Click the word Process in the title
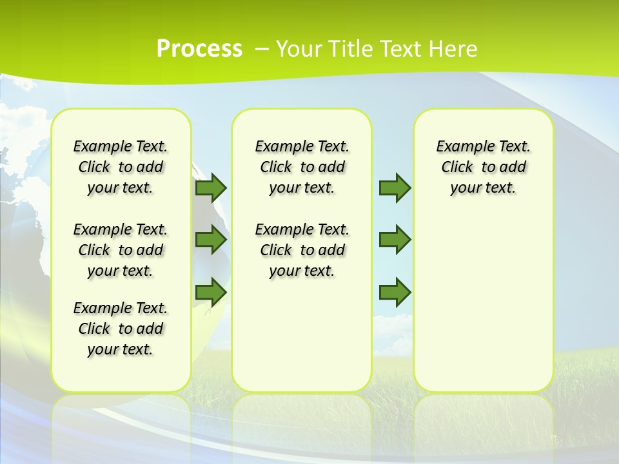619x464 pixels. pyautogui.click(x=199, y=48)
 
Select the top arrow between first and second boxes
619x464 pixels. pyautogui.click(x=211, y=188)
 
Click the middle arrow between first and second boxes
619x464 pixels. pyautogui.click(x=211, y=240)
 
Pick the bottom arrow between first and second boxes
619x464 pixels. pyautogui.click(x=211, y=292)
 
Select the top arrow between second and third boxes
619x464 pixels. pyautogui.click(x=395, y=188)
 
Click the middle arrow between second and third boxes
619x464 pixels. pyautogui.click(x=395, y=240)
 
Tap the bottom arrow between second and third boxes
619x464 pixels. pyautogui.click(x=395, y=292)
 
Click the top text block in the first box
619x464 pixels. pyautogui.click(x=121, y=167)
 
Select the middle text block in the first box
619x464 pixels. pyautogui.click(x=121, y=250)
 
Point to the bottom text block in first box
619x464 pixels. pyautogui.click(x=121, y=329)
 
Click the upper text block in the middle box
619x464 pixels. pyautogui.click(x=302, y=167)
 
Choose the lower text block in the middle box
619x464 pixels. pyautogui.click(x=302, y=250)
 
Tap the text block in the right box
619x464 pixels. pyautogui.click(x=484, y=167)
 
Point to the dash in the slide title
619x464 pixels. pyautogui.click(x=262, y=48)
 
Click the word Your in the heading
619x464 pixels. pyautogui.click(x=299, y=48)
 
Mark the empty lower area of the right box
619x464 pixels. pyautogui.click(x=484, y=303)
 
